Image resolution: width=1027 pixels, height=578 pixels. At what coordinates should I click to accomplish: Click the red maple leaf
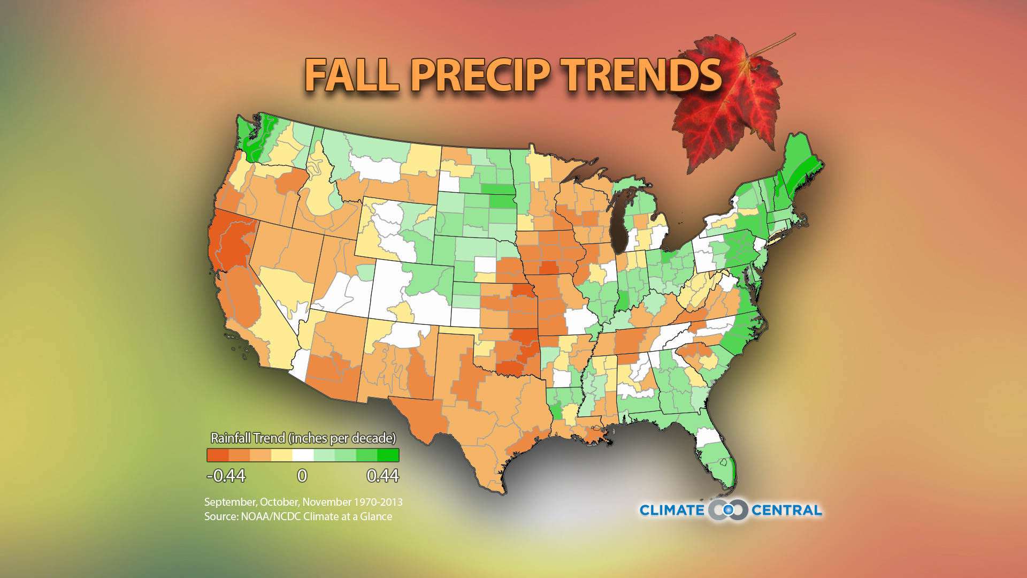(727, 102)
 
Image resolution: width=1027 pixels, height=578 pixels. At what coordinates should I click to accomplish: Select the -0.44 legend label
(226, 476)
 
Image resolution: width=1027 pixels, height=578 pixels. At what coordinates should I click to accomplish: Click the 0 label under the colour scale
(302, 476)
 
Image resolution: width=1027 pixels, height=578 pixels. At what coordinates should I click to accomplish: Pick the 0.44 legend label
(382, 476)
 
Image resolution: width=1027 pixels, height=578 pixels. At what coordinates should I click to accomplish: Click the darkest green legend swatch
(388, 455)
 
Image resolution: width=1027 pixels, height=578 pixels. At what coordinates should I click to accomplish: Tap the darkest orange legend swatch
(218, 455)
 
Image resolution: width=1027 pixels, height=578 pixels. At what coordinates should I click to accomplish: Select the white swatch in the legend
(303, 455)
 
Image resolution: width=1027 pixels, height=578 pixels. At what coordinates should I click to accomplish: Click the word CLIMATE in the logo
(672, 511)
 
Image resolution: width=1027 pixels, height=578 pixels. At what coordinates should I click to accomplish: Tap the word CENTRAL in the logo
(786, 511)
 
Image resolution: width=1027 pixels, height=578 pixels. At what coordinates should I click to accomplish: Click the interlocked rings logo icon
(728, 510)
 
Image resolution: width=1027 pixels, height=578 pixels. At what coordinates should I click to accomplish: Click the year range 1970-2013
(378, 503)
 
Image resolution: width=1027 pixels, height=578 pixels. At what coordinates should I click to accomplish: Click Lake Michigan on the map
(620, 225)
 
